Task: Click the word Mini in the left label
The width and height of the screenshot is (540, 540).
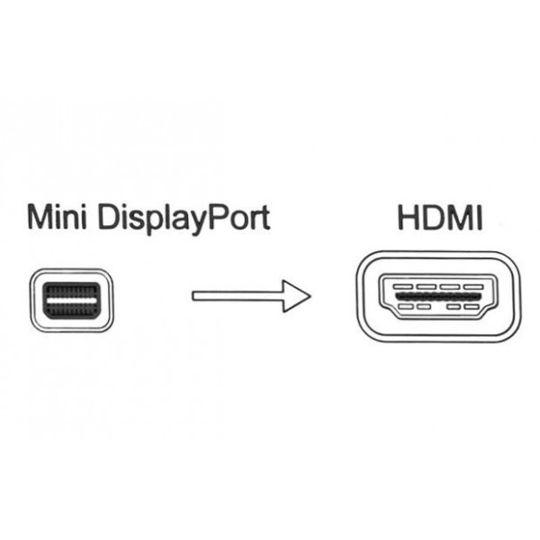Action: coord(57,217)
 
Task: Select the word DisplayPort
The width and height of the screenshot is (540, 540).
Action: coord(184,219)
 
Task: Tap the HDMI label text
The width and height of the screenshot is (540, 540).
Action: coord(440,218)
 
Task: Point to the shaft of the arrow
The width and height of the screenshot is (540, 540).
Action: coord(238,296)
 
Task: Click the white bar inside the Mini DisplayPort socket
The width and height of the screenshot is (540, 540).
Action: coord(72,300)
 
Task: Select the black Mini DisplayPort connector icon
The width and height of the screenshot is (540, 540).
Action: coord(72,300)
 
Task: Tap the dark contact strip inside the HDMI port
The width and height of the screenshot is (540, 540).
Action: coord(438,296)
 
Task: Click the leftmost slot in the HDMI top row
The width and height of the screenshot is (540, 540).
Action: coord(403,286)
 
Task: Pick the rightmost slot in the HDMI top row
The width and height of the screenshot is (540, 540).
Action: coord(474,286)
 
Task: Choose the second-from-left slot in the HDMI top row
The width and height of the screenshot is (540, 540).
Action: coord(427,286)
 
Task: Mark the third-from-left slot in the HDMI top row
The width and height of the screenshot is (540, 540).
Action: coord(451,286)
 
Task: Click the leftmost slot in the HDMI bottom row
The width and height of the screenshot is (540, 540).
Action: coord(406,307)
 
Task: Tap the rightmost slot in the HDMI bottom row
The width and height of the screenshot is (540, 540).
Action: coord(471,307)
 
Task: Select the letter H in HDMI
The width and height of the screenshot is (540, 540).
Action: coord(409,218)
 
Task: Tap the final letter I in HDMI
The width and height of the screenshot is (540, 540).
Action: coord(480,218)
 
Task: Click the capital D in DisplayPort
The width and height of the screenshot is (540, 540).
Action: coord(109,217)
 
